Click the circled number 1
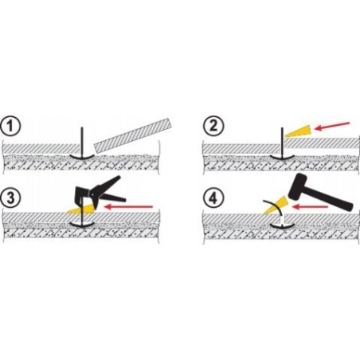[x=10, y=126]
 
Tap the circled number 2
[x=213, y=126]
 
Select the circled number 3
[x=10, y=198]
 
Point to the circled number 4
[x=213, y=198]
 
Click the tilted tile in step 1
[x=133, y=135]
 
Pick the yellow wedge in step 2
[x=298, y=131]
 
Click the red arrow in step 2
[x=332, y=127]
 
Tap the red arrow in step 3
[x=128, y=206]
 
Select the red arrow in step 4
[x=310, y=206]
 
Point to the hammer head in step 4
[x=297, y=186]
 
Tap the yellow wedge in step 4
[x=276, y=205]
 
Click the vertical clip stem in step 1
[x=82, y=143]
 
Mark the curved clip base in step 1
[x=82, y=157]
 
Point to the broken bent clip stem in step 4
[x=276, y=209]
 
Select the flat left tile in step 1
[x=41, y=149]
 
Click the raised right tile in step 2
[x=321, y=143]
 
